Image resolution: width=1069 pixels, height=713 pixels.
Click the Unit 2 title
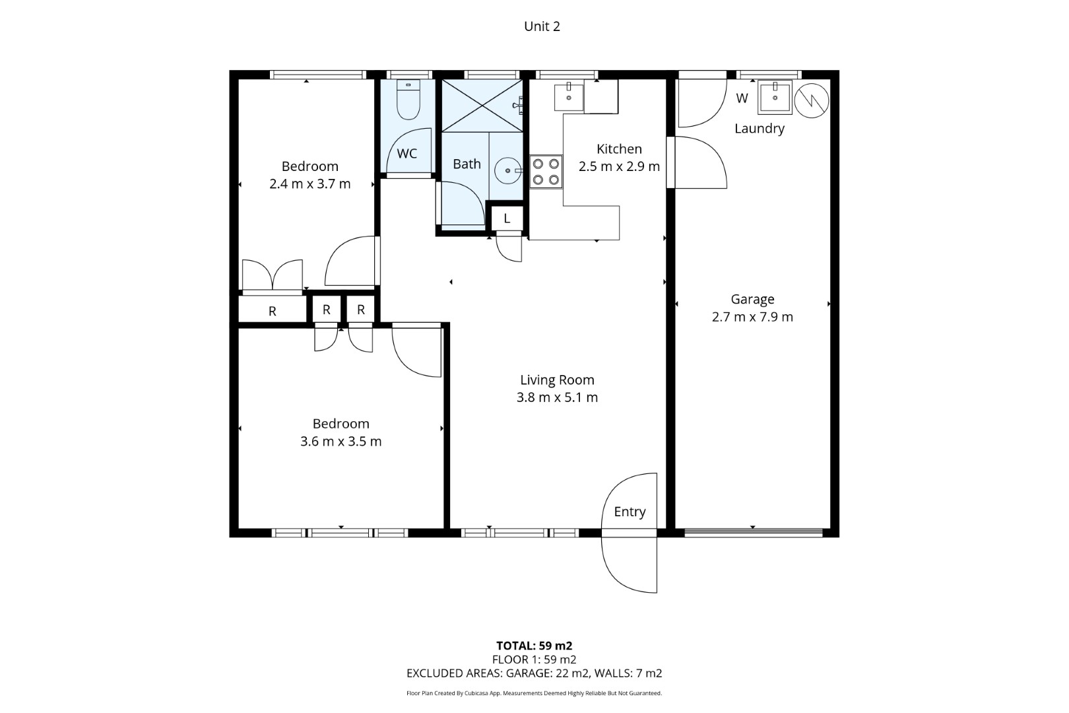[542, 26]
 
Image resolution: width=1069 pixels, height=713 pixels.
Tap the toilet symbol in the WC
[408, 99]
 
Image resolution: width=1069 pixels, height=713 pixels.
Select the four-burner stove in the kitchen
[546, 172]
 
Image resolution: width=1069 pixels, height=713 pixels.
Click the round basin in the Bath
[508, 170]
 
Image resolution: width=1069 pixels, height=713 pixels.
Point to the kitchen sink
[569, 98]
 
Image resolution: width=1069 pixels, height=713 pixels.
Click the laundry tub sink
[775, 98]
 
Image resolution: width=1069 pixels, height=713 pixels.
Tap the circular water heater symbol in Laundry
[812, 100]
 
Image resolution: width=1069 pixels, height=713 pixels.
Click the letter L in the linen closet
[507, 219]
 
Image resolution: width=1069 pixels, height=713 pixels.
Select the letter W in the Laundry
[742, 98]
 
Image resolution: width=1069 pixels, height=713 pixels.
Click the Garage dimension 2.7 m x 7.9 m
[753, 317]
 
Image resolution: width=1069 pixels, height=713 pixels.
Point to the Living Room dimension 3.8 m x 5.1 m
[557, 397]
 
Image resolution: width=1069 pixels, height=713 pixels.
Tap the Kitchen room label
[619, 149]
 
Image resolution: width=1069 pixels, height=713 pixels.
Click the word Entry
[630, 512]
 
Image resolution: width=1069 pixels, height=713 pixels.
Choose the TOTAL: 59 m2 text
[534, 646]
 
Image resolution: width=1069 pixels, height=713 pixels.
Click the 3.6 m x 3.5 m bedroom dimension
[340, 441]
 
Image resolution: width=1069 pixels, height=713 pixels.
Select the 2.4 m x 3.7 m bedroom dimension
[310, 184]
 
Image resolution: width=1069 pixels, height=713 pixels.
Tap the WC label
[407, 153]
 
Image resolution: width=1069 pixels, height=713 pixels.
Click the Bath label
[467, 164]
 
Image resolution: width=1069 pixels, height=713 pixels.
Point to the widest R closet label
[273, 312]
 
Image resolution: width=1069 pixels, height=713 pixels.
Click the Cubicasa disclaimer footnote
[534, 693]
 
